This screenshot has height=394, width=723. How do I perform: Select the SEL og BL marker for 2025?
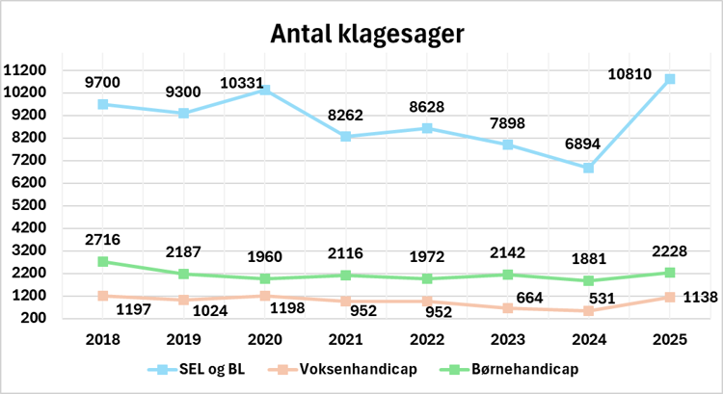[670, 79]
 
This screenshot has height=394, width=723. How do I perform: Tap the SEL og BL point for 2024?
[589, 168]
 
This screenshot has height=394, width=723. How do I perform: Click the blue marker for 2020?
[264, 90]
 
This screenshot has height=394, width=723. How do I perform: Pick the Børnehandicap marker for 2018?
[102, 261]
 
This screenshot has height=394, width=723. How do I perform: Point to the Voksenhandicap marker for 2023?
[508, 308]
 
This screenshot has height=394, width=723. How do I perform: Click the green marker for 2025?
[670, 273]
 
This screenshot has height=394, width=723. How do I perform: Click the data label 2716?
[102, 238]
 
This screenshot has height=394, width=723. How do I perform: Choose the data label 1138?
[698, 298]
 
